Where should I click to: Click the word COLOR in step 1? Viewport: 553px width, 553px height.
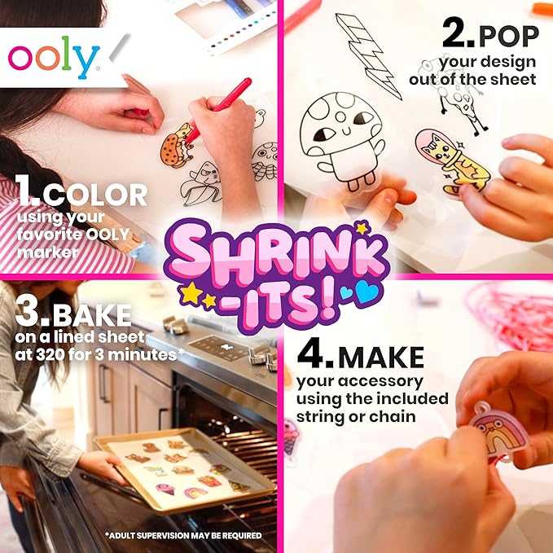coord(97,195)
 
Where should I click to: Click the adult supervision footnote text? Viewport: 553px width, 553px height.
coord(183,535)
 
